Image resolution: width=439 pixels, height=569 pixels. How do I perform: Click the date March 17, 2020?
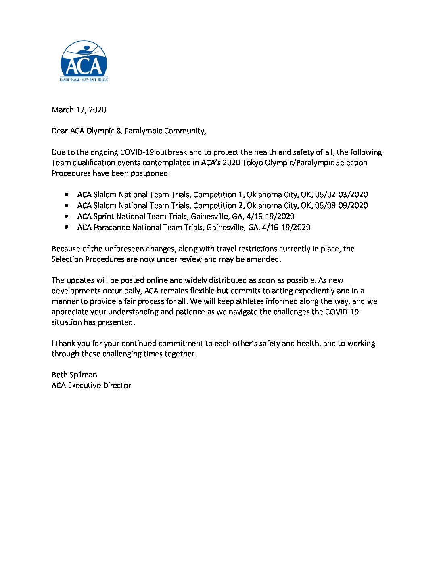click(x=79, y=110)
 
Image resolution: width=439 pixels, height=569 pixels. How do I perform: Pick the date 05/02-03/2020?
click(x=343, y=194)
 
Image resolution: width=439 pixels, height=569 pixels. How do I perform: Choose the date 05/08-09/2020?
click(x=343, y=205)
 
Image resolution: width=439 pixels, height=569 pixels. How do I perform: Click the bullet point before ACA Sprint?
click(x=67, y=216)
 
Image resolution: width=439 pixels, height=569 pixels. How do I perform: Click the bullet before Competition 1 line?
click(x=67, y=194)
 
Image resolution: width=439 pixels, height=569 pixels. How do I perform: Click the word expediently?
click(x=316, y=291)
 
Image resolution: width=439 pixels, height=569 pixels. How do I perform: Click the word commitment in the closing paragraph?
click(x=181, y=343)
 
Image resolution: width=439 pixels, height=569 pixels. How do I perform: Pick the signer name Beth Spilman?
click(x=74, y=375)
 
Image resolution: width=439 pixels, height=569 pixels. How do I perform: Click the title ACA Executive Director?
click(x=91, y=385)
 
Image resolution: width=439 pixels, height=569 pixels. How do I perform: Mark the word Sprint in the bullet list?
click(x=104, y=216)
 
